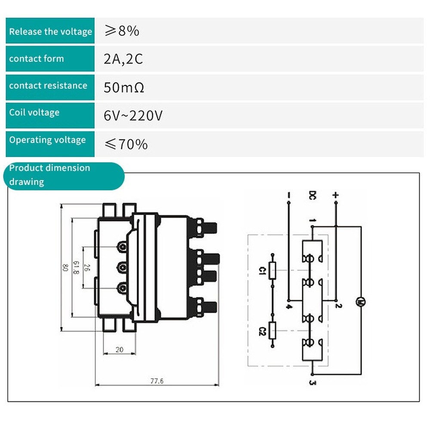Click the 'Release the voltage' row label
point(50,31)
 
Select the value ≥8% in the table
point(122,31)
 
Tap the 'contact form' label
point(37,58)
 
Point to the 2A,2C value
point(123,59)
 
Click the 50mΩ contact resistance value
point(124,88)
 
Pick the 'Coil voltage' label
point(34,113)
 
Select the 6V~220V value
point(133,116)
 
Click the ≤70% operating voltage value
point(126,144)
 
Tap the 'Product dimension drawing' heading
point(49,175)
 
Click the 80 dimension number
point(65,268)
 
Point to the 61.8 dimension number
point(76,268)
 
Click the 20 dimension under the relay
point(120,350)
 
